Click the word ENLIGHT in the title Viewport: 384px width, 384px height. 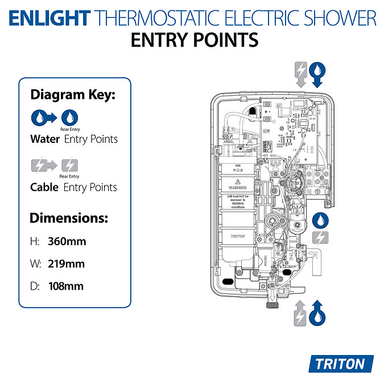tap(49, 18)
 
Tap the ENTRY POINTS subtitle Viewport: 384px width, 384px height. tap(194, 41)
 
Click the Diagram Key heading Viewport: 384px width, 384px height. tap(72, 95)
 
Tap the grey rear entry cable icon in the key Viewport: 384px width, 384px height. tap(69, 166)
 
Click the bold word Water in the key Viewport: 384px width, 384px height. tap(45, 139)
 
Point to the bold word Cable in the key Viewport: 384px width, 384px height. tap(44, 187)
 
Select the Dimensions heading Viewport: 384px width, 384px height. tap(68, 218)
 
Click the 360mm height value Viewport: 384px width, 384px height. tap(67, 241)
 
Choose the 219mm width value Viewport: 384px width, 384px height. tap(66, 264)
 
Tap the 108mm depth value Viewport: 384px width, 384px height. tap(66, 286)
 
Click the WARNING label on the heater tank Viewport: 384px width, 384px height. tap(236, 186)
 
